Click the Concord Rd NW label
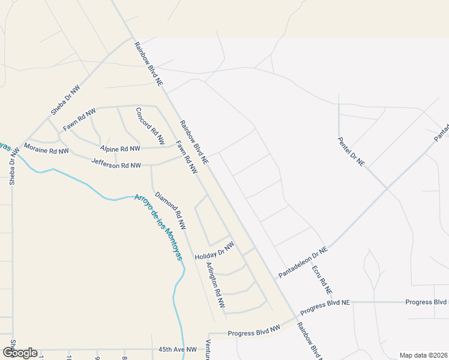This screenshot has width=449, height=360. [150, 126]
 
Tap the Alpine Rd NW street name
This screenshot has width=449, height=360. [120, 148]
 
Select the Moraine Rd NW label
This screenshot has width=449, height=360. [46, 148]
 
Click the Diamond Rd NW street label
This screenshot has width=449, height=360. [170, 211]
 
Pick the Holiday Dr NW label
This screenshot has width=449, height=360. [214, 251]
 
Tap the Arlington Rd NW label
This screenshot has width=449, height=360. [215, 286]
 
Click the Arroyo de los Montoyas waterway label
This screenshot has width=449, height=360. [157, 227]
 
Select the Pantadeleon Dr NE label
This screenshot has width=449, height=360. [303, 262]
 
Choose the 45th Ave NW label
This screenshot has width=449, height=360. [178, 349]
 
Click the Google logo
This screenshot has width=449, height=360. [20, 353]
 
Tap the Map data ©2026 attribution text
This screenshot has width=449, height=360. [424, 355]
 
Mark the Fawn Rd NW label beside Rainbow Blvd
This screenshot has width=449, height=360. [187, 157]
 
